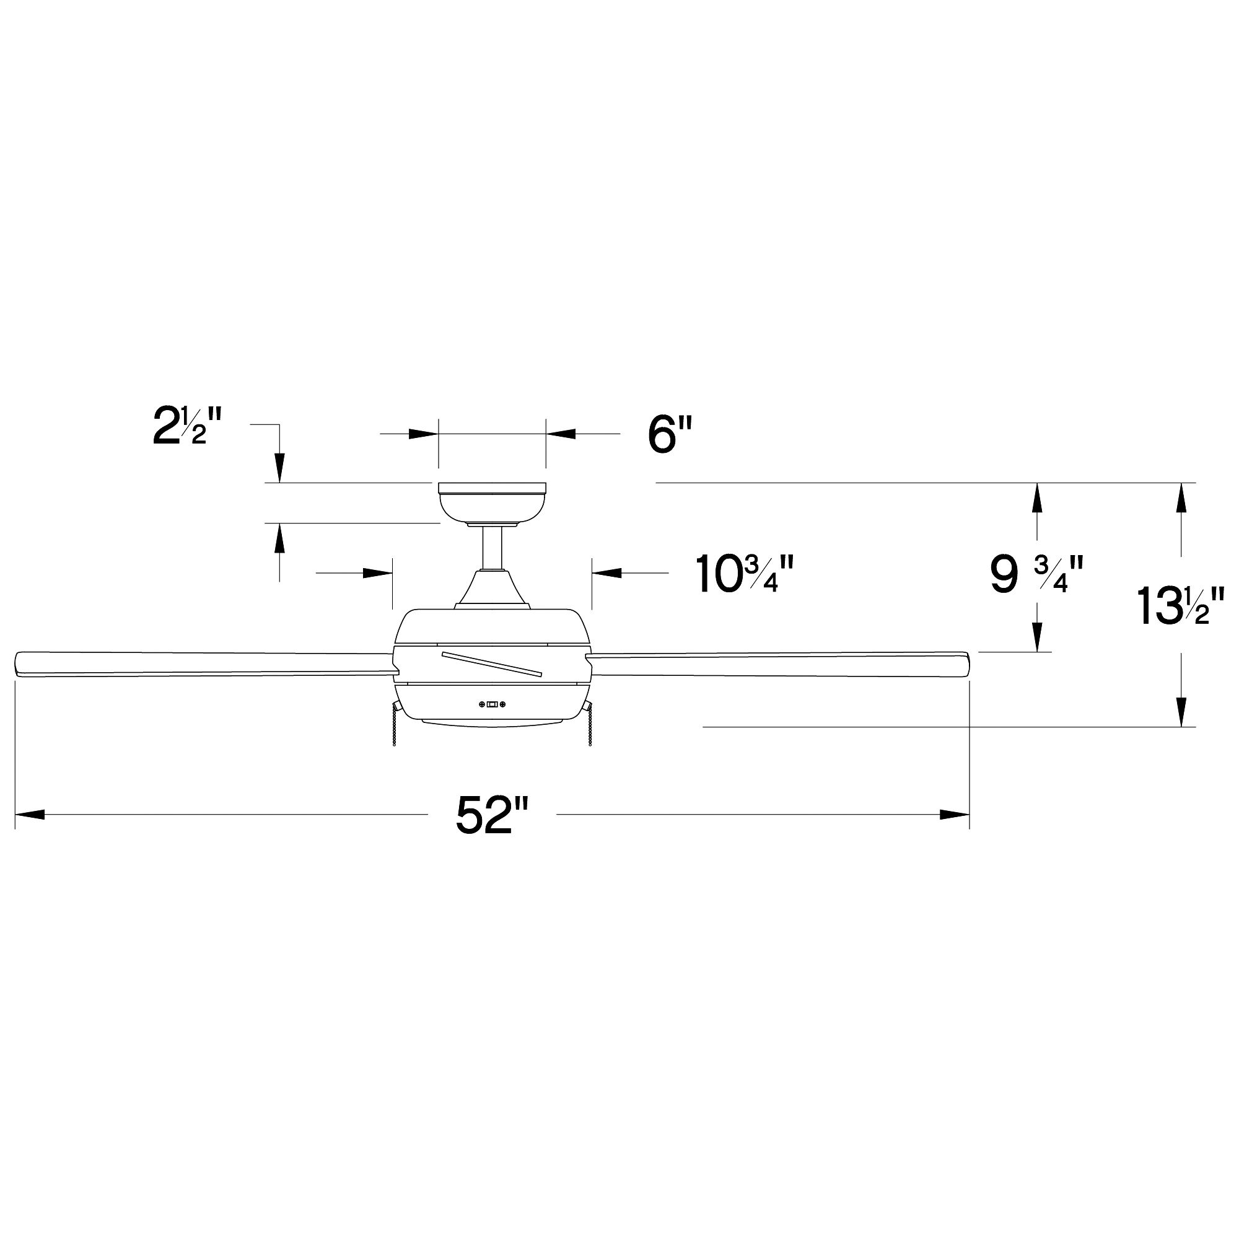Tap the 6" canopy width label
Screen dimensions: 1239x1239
click(x=670, y=435)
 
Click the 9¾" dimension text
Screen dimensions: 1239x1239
click(x=1036, y=576)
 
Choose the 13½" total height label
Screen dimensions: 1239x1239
click(x=1180, y=606)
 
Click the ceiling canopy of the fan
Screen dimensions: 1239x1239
click(x=491, y=502)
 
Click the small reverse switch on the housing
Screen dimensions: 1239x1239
click(x=492, y=705)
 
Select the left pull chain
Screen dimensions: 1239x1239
click(x=395, y=728)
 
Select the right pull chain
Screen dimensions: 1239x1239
click(x=588, y=728)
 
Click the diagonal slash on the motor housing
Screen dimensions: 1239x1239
click(x=492, y=663)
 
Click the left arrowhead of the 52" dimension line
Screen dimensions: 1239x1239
click(x=30, y=815)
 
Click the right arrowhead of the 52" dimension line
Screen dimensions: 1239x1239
click(x=954, y=815)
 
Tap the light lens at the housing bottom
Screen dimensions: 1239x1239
click(x=491, y=723)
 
